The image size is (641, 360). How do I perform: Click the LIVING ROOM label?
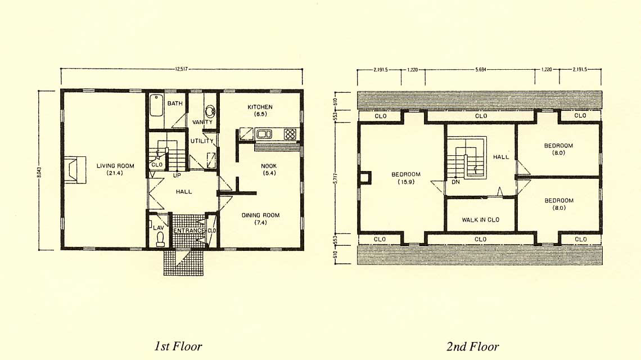(115, 169)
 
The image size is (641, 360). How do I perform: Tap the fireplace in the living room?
(75, 169)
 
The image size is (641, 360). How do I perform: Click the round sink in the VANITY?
(210, 110)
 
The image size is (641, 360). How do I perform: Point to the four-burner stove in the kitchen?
(290, 134)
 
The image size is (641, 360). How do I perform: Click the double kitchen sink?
(264, 134)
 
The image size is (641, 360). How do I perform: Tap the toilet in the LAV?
(160, 239)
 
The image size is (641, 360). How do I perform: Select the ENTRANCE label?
(189, 231)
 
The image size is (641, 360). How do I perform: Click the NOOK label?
(269, 169)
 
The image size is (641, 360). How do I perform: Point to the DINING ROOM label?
(260, 219)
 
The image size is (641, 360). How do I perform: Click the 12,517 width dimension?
(181, 69)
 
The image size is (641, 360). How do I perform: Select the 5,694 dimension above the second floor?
(481, 70)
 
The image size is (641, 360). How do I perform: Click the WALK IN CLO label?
(481, 220)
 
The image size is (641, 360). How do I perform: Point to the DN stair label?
(456, 182)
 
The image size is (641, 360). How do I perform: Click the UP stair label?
(177, 175)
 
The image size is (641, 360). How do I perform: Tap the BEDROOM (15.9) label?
(406, 178)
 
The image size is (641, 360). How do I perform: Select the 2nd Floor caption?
(472, 346)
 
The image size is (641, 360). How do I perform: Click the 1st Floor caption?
(178, 346)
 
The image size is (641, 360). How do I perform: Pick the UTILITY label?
(202, 141)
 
